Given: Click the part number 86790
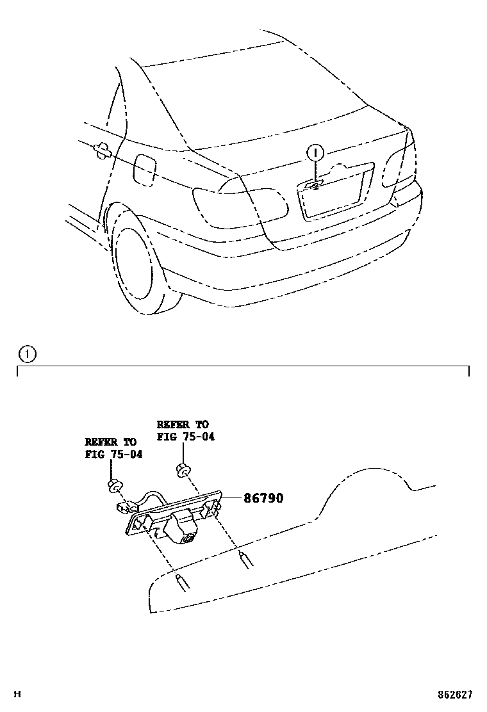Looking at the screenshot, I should click(x=263, y=498).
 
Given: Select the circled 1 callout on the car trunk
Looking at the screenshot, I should click(x=315, y=153).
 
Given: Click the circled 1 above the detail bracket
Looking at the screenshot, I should click(x=27, y=353).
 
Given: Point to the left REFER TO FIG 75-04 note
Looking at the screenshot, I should click(x=113, y=448).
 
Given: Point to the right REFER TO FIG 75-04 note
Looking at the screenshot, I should click(x=185, y=430).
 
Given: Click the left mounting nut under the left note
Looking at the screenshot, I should click(x=115, y=486).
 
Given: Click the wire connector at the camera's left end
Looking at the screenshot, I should click(x=124, y=508).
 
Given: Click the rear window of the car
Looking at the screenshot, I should click(x=256, y=96).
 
